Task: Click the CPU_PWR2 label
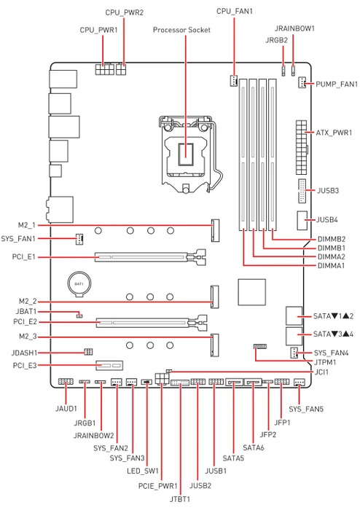click(x=124, y=12)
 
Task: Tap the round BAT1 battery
click(x=79, y=284)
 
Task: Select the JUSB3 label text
click(x=328, y=190)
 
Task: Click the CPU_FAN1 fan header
click(x=233, y=81)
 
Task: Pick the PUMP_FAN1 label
click(x=337, y=85)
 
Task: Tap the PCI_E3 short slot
click(x=109, y=366)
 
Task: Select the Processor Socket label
click(x=181, y=30)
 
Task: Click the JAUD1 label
click(x=66, y=409)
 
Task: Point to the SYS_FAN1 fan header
click(x=79, y=239)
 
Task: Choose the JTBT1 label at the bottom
click(x=180, y=499)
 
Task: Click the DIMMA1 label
click(x=331, y=266)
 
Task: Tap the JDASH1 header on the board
click(x=88, y=352)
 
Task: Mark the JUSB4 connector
click(x=302, y=221)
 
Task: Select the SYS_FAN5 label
click(x=306, y=409)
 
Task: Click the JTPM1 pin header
click(x=260, y=346)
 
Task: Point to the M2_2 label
click(x=28, y=302)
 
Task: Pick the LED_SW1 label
click(x=143, y=471)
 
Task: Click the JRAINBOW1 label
click(x=294, y=28)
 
